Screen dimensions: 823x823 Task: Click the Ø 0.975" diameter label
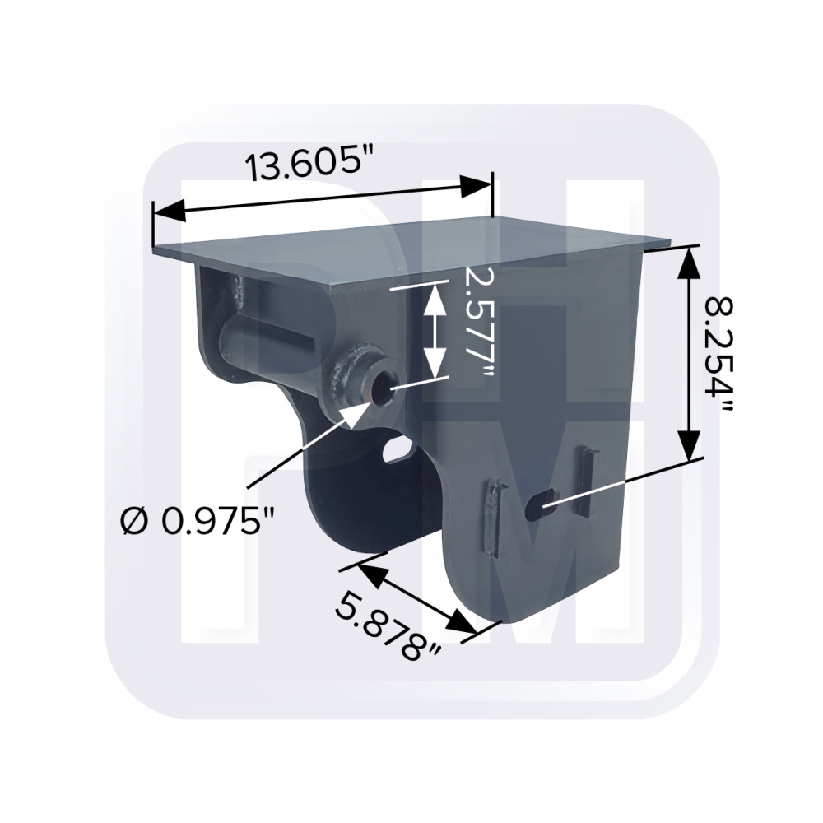click(x=198, y=522)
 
